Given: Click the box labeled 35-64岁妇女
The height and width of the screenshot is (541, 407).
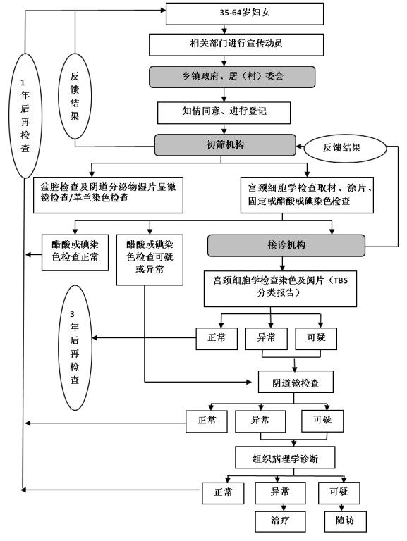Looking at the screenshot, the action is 245,14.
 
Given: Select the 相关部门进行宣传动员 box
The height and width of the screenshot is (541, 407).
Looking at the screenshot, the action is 236,44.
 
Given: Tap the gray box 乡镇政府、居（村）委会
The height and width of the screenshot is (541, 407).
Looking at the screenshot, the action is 232,77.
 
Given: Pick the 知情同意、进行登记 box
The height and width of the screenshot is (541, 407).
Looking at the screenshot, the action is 224,113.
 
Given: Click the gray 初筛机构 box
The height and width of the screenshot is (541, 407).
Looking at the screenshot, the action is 225,145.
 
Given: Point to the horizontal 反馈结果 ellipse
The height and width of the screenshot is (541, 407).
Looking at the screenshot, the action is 345,148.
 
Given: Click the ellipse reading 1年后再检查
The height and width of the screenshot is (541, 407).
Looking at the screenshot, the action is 25,116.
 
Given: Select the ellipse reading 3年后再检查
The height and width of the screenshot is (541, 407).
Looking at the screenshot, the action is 75,347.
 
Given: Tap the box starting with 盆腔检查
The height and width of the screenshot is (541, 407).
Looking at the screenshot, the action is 108,195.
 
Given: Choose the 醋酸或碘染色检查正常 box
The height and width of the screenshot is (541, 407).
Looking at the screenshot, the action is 75,253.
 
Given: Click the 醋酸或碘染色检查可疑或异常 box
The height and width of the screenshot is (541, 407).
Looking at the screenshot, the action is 150,260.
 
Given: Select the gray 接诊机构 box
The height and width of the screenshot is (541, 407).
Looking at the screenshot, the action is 286,246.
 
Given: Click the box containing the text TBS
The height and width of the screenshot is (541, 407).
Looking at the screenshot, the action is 280,289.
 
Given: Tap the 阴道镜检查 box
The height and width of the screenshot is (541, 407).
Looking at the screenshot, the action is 296,382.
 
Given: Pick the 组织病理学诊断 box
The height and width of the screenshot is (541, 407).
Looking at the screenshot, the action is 285,457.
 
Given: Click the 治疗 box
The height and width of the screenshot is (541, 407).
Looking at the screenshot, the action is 280,521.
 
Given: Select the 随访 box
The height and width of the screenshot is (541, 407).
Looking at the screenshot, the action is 346,521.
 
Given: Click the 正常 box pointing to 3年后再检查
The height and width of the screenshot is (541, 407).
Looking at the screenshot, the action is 217,339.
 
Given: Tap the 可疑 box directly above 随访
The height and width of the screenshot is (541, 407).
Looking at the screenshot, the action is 339,493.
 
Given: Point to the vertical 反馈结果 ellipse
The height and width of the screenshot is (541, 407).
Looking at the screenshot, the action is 75,96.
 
